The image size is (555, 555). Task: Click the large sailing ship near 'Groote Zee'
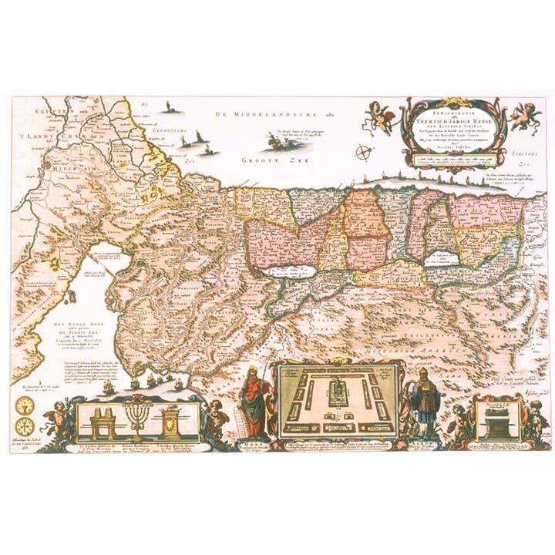point(274,141)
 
